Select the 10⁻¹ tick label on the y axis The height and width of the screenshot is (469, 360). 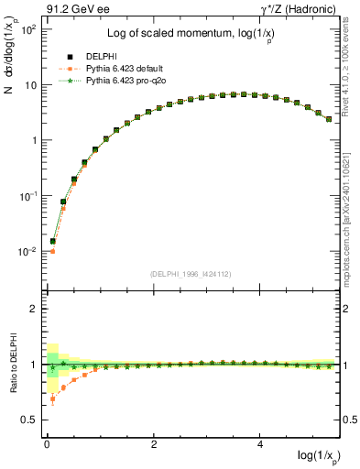coord(26,196)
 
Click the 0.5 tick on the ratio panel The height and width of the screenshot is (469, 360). coord(27,420)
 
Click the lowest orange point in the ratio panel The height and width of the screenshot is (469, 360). coord(52,399)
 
